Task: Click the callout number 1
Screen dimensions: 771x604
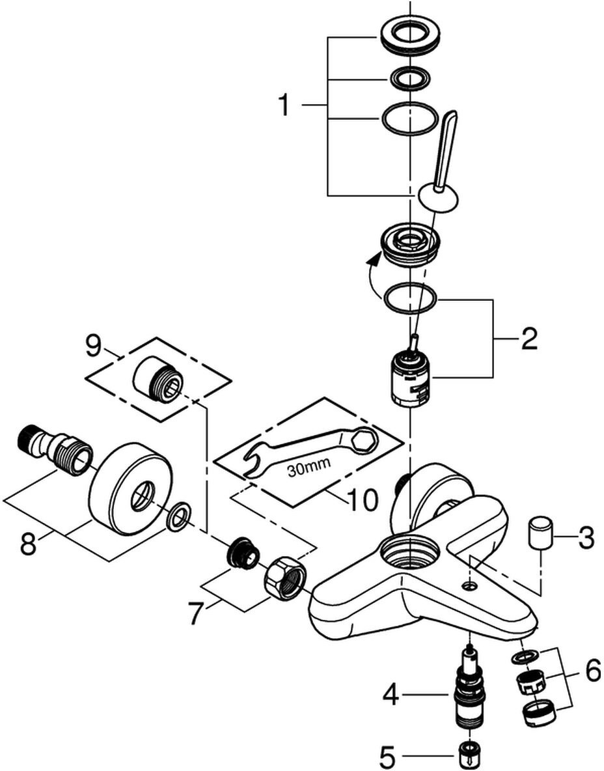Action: click(283, 105)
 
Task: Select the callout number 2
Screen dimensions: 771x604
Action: click(528, 339)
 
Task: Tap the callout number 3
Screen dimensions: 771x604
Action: click(585, 538)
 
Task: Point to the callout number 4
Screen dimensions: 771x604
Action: click(390, 695)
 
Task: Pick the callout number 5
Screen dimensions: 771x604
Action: click(387, 757)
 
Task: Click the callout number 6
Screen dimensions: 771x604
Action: click(592, 671)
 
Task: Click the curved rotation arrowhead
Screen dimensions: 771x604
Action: click(373, 262)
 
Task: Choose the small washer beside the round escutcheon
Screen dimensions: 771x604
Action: click(178, 517)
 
